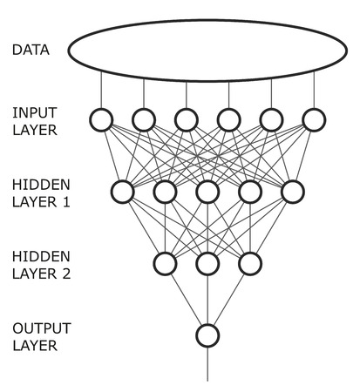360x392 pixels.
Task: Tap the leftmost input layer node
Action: point(101,118)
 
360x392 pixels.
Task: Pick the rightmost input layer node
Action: point(314,118)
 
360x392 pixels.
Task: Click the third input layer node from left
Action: point(186,118)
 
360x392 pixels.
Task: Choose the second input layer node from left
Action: point(144,118)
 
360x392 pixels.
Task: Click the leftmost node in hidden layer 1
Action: point(122,191)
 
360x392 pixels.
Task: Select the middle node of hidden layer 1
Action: point(207,191)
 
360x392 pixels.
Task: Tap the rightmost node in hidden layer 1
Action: point(292,191)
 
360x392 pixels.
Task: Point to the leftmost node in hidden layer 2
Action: point(165,262)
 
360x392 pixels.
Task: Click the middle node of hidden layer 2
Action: point(207,262)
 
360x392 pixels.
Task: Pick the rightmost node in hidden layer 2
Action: point(249,262)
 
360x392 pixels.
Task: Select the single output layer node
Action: point(207,335)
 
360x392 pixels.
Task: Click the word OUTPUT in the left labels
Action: point(37,328)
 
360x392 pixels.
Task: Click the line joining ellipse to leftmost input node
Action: point(101,90)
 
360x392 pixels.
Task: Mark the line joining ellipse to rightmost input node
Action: point(314,90)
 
